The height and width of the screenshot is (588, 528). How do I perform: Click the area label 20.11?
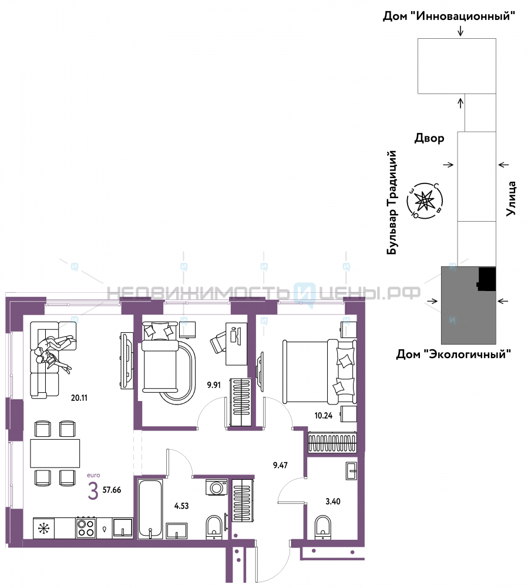point(79,398)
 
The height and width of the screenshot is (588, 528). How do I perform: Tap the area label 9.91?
point(214,385)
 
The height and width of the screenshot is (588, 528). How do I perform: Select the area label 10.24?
point(323,416)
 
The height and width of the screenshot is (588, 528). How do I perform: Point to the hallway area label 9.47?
point(280,465)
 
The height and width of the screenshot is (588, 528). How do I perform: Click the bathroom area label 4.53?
point(181,506)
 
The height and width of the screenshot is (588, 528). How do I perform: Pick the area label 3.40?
point(333,502)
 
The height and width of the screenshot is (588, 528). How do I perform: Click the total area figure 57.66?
point(112,490)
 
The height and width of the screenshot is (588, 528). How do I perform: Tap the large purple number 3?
point(93,491)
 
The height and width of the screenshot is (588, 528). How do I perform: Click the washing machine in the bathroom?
point(217,487)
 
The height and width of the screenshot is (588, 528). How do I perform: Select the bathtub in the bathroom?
point(150,509)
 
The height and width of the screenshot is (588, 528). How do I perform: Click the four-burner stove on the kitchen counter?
point(86,527)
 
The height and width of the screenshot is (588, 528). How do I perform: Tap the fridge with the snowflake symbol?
point(44,529)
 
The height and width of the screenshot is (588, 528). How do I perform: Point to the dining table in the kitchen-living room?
point(55,453)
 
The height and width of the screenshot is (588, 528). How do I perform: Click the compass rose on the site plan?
point(425,201)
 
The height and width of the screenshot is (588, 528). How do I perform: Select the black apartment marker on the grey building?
point(487,279)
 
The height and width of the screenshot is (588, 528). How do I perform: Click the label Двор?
point(429,138)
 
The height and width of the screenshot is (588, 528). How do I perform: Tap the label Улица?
point(511,198)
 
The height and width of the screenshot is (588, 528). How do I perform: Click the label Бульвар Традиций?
point(392,202)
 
